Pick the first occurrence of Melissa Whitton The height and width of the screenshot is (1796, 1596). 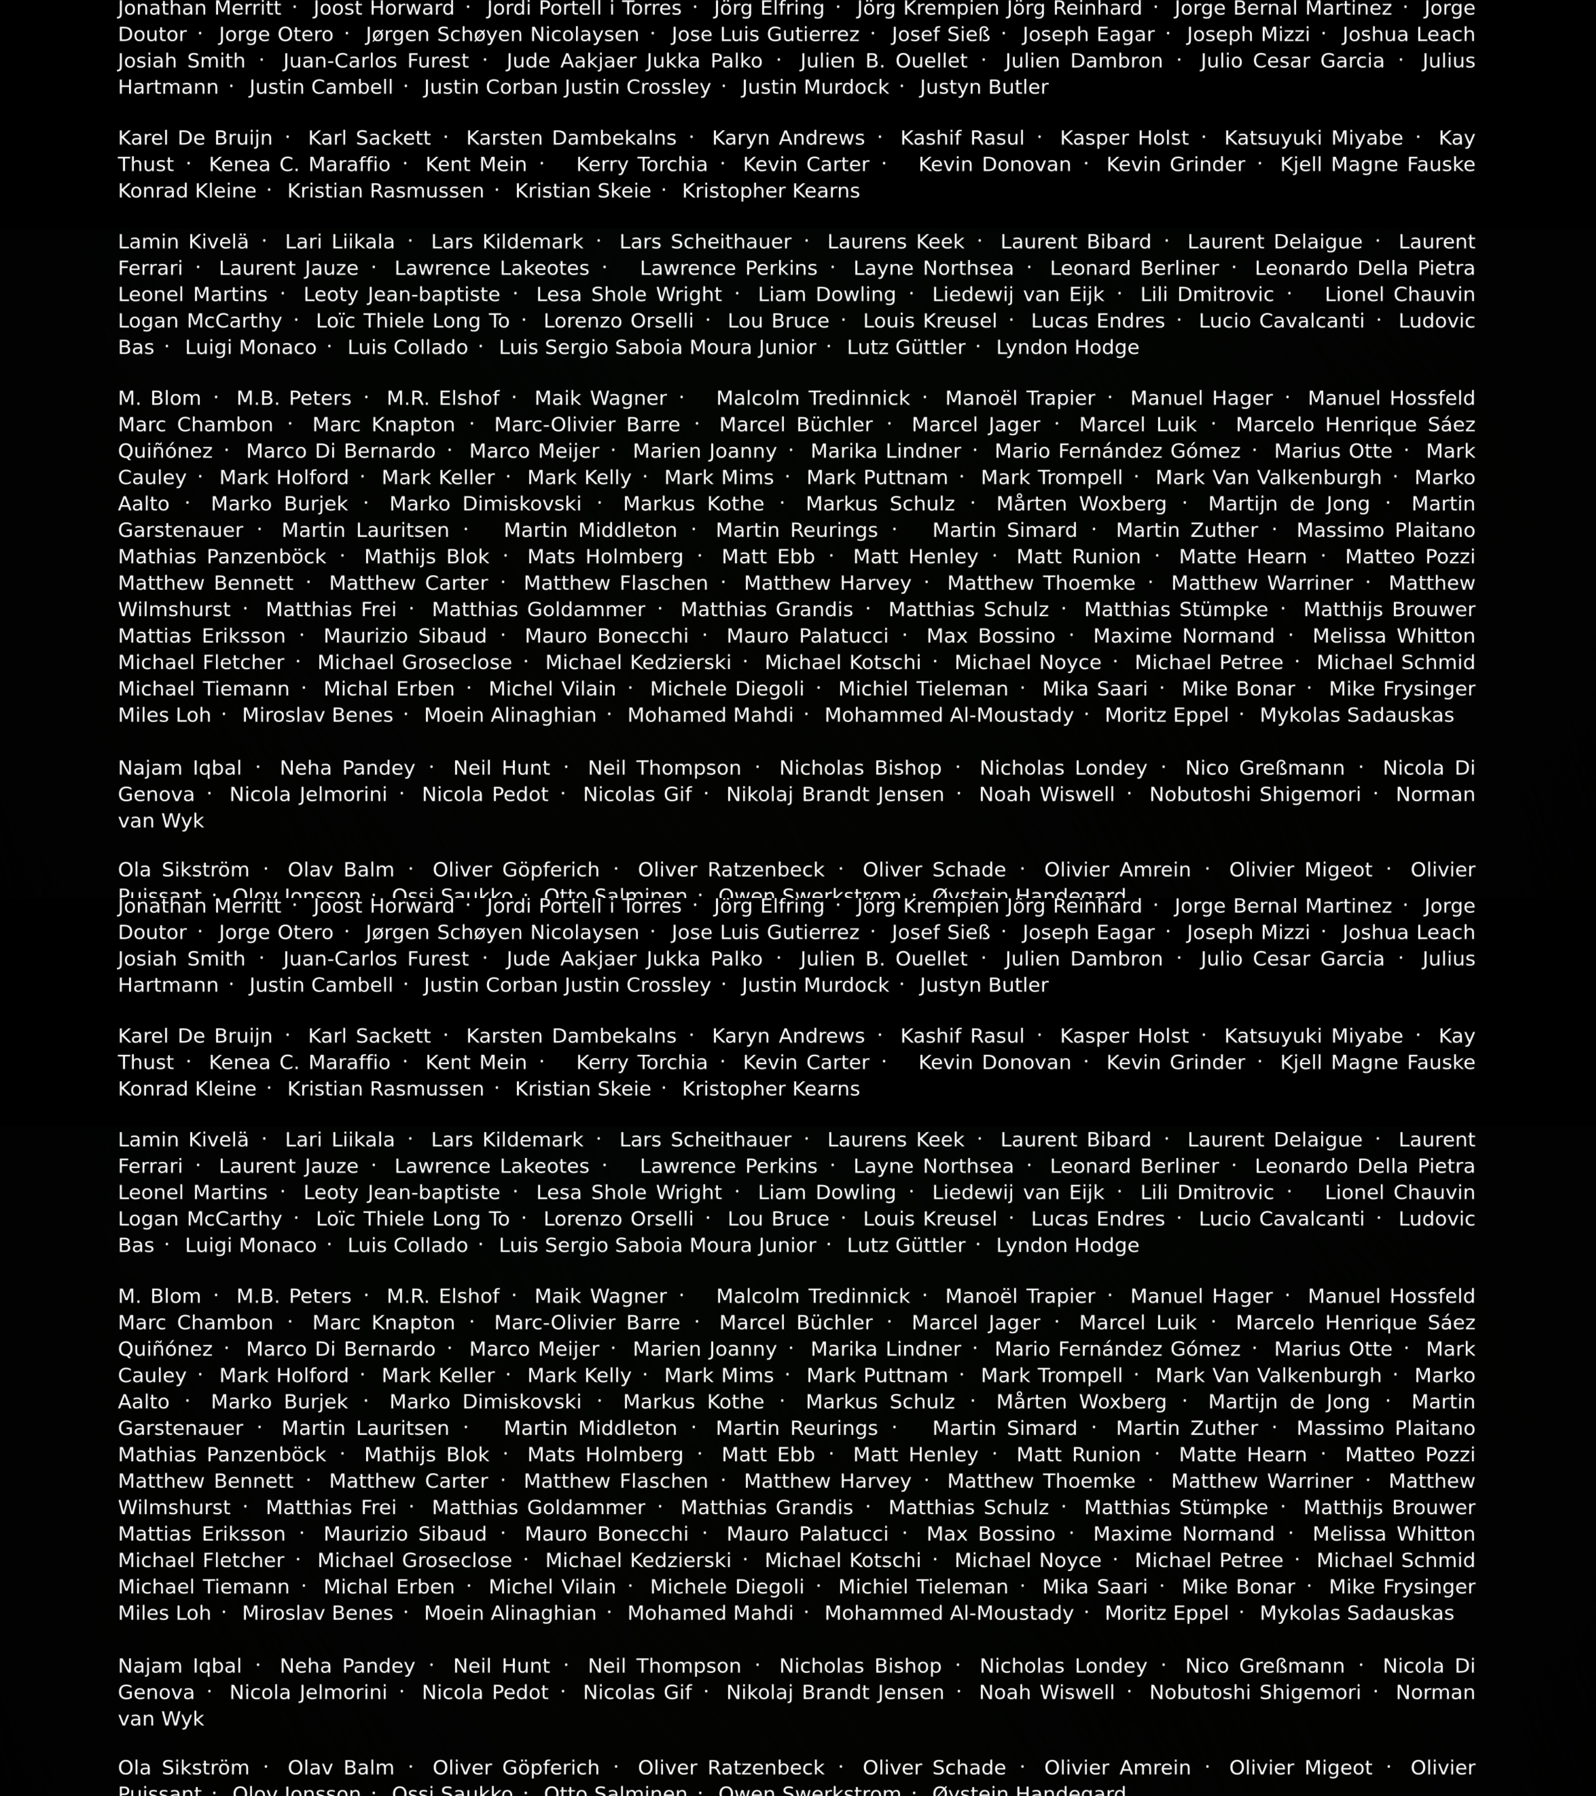pyautogui.click(x=1393, y=636)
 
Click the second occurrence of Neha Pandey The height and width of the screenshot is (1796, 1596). pyautogui.click(x=347, y=1666)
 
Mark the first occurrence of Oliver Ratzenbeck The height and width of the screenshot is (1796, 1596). pyautogui.click(x=731, y=870)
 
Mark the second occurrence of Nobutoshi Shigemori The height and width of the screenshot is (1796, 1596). pyautogui.click(x=1254, y=1692)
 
